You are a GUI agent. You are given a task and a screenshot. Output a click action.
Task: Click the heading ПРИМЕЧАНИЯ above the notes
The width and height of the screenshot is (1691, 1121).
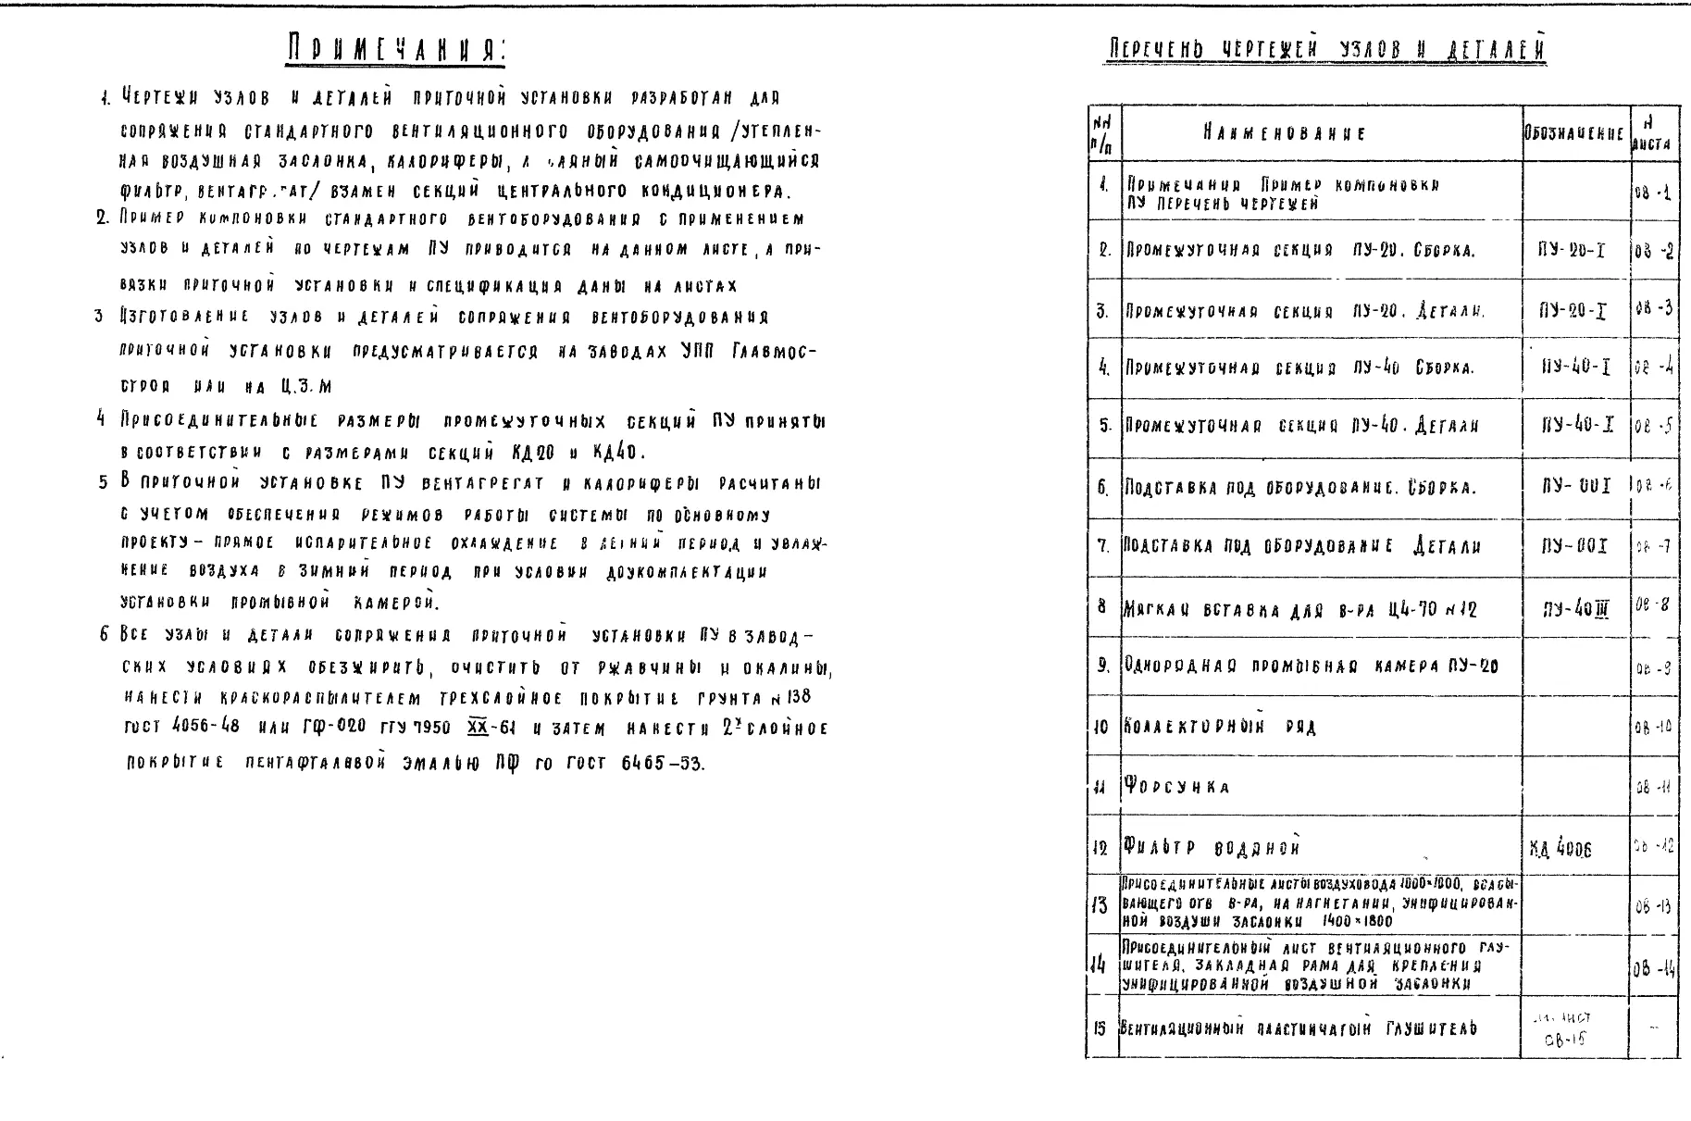(396, 48)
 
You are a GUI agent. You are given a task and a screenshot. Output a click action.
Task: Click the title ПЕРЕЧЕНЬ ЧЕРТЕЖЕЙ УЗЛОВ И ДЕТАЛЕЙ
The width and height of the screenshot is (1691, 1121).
(1325, 48)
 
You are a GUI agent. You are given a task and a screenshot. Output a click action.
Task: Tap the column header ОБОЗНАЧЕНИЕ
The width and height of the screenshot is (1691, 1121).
(1574, 133)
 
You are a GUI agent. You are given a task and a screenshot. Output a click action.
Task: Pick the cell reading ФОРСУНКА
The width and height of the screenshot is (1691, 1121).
(1176, 787)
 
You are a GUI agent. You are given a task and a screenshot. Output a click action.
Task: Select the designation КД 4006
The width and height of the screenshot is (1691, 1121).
(1561, 849)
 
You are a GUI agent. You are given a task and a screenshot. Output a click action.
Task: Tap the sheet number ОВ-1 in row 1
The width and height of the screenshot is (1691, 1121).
(1652, 194)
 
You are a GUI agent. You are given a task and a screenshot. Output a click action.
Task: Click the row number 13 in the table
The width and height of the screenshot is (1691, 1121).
(1101, 905)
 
